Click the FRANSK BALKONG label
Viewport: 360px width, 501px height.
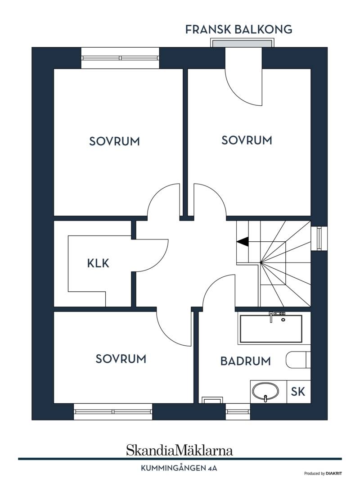click(x=238, y=29)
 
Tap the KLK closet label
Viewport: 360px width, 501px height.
click(x=98, y=263)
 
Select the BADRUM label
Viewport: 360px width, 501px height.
click(x=245, y=361)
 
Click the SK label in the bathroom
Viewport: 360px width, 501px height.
click(x=298, y=392)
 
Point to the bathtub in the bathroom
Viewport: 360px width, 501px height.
click(x=271, y=329)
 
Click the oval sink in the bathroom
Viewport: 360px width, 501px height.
click(x=265, y=392)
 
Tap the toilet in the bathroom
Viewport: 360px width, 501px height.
click(x=298, y=360)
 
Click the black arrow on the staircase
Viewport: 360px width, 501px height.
click(x=243, y=242)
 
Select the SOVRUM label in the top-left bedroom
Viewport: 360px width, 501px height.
click(x=114, y=141)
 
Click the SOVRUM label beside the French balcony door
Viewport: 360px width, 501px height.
click(x=247, y=140)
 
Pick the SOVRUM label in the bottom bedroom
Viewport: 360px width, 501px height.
click(x=121, y=359)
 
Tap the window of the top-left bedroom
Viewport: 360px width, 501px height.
click(x=120, y=58)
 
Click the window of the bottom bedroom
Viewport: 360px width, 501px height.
click(x=113, y=412)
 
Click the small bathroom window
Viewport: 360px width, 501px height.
click(x=238, y=412)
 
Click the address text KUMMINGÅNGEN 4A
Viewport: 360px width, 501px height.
click(x=179, y=469)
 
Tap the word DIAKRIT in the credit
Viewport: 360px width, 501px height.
click(x=334, y=474)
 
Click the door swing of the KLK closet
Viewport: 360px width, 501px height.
click(x=160, y=261)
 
